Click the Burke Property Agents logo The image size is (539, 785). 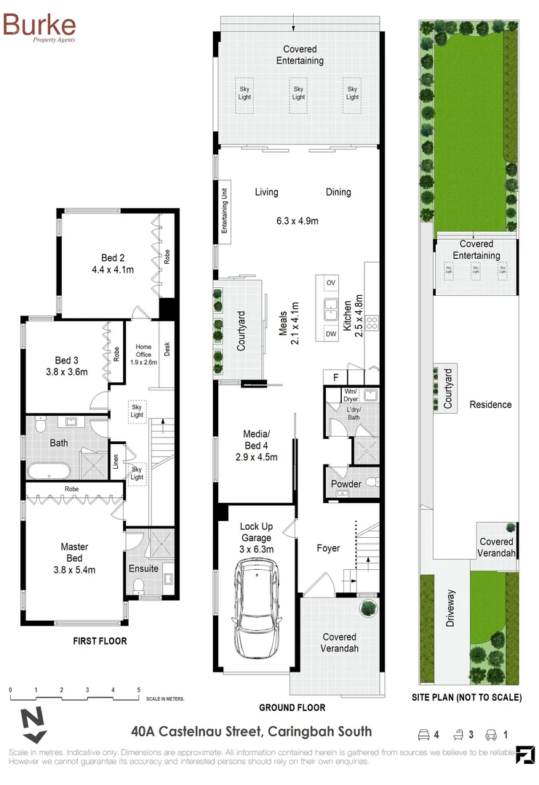tap(39, 27)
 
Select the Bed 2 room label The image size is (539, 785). tap(109, 257)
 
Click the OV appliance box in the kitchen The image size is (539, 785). tap(331, 282)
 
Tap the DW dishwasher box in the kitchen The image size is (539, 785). tap(331, 334)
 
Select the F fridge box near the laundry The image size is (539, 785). tap(335, 377)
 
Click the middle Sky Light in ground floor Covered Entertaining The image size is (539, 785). tap(298, 93)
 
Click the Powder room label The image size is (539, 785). tap(346, 484)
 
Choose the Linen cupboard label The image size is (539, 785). tap(116, 463)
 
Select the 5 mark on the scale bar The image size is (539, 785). tap(138, 689)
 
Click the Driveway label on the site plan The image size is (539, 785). tap(451, 608)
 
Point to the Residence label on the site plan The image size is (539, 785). tap(490, 404)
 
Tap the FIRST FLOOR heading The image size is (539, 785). tap(100, 641)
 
